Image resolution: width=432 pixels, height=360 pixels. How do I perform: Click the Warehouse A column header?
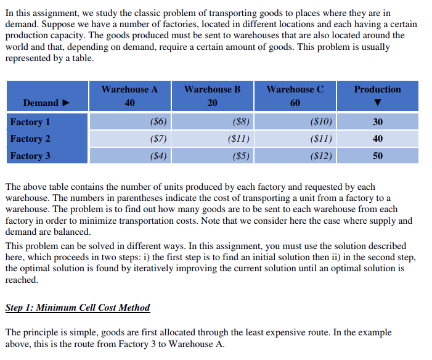point(129,89)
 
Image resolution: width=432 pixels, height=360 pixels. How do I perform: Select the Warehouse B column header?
point(212,89)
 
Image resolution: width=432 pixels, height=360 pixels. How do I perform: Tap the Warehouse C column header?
point(295,89)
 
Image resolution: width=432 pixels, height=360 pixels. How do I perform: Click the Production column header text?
point(377,89)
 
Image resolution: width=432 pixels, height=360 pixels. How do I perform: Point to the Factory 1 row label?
point(30,121)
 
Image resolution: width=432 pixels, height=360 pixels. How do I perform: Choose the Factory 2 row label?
point(30,139)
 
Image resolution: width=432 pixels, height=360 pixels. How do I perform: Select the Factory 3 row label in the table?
point(30,156)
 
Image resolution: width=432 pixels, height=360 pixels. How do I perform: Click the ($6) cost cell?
point(158,121)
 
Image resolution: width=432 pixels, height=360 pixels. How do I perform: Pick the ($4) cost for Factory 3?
point(158,156)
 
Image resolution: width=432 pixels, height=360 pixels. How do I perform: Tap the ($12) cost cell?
point(321,156)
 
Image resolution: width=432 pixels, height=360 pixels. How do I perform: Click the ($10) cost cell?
point(321,121)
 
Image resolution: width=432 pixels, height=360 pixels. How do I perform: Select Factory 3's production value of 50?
point(377,156)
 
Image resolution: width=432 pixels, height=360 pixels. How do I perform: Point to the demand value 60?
point(295,103)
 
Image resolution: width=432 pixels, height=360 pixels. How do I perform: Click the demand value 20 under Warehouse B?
point(212,103)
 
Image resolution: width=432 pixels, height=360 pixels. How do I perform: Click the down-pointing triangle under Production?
point(377,103)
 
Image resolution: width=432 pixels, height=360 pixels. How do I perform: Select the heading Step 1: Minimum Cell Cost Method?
point(77,307)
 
